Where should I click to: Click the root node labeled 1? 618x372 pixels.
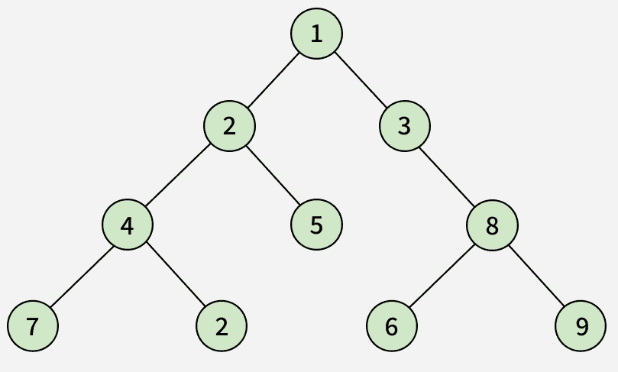point(316,34)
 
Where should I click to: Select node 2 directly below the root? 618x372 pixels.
point(229,126)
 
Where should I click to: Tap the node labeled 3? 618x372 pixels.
point(405,126)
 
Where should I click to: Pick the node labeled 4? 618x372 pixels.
point(128,225)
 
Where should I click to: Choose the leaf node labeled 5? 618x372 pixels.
point(316,225)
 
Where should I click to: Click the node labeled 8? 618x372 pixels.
point(492,225)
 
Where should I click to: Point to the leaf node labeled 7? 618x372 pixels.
point(33,326)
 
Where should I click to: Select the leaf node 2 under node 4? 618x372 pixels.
point(222,326)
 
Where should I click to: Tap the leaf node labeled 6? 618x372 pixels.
point(392,326)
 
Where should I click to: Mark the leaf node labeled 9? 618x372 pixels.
point(581,326)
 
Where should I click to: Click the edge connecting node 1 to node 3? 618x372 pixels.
point(361,80)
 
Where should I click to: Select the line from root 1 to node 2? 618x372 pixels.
point(273,80)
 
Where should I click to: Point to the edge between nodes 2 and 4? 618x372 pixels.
point(178,176)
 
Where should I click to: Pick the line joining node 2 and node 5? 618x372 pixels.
point(273,176)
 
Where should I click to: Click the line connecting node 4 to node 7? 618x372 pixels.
point(82,276)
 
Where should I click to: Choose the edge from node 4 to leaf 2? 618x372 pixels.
point(176,276)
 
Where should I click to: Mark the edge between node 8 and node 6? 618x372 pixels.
point(442,276)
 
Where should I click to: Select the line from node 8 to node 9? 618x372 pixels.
point(536,276)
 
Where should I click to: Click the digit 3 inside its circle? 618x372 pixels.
point(404,126)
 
